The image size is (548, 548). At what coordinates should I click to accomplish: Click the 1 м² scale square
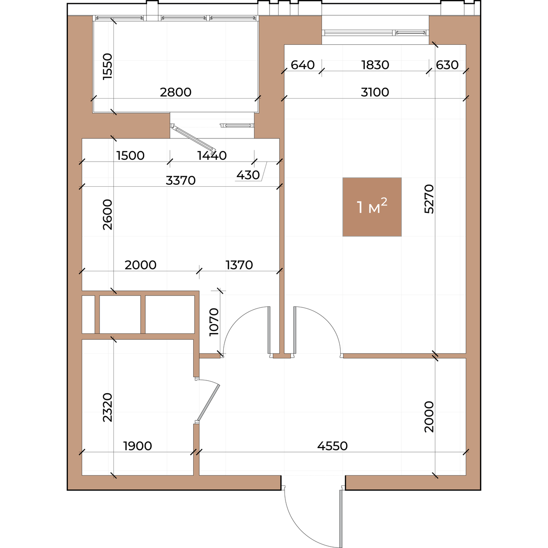(372, 207)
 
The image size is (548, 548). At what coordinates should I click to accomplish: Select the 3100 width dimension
(374, 92)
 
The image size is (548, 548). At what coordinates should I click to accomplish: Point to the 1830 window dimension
(375, 65)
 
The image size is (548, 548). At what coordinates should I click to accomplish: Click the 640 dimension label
(303, 65)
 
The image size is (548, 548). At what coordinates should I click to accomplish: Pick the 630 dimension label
(447, 65)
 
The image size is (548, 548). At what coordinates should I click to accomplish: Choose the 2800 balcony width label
(175, 92)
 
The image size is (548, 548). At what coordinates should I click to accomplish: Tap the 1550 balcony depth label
(108, 67)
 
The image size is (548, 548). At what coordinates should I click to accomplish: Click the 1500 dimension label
(131, 156)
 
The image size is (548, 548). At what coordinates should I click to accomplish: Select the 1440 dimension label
(212, 156)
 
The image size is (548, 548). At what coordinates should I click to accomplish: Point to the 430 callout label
(248, 175)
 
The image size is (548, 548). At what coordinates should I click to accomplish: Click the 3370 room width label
(180, 180)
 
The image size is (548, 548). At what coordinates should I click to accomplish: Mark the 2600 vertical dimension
(108, 215)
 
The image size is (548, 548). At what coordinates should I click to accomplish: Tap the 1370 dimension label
(239, 265)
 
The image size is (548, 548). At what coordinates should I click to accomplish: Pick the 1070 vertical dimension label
(214, 322)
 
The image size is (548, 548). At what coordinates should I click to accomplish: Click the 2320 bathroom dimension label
(108, 407)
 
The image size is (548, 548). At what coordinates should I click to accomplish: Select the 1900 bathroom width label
(137, 446)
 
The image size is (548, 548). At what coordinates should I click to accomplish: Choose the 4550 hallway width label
(332, 446)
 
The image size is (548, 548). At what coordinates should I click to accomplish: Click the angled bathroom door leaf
(208, 402)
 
